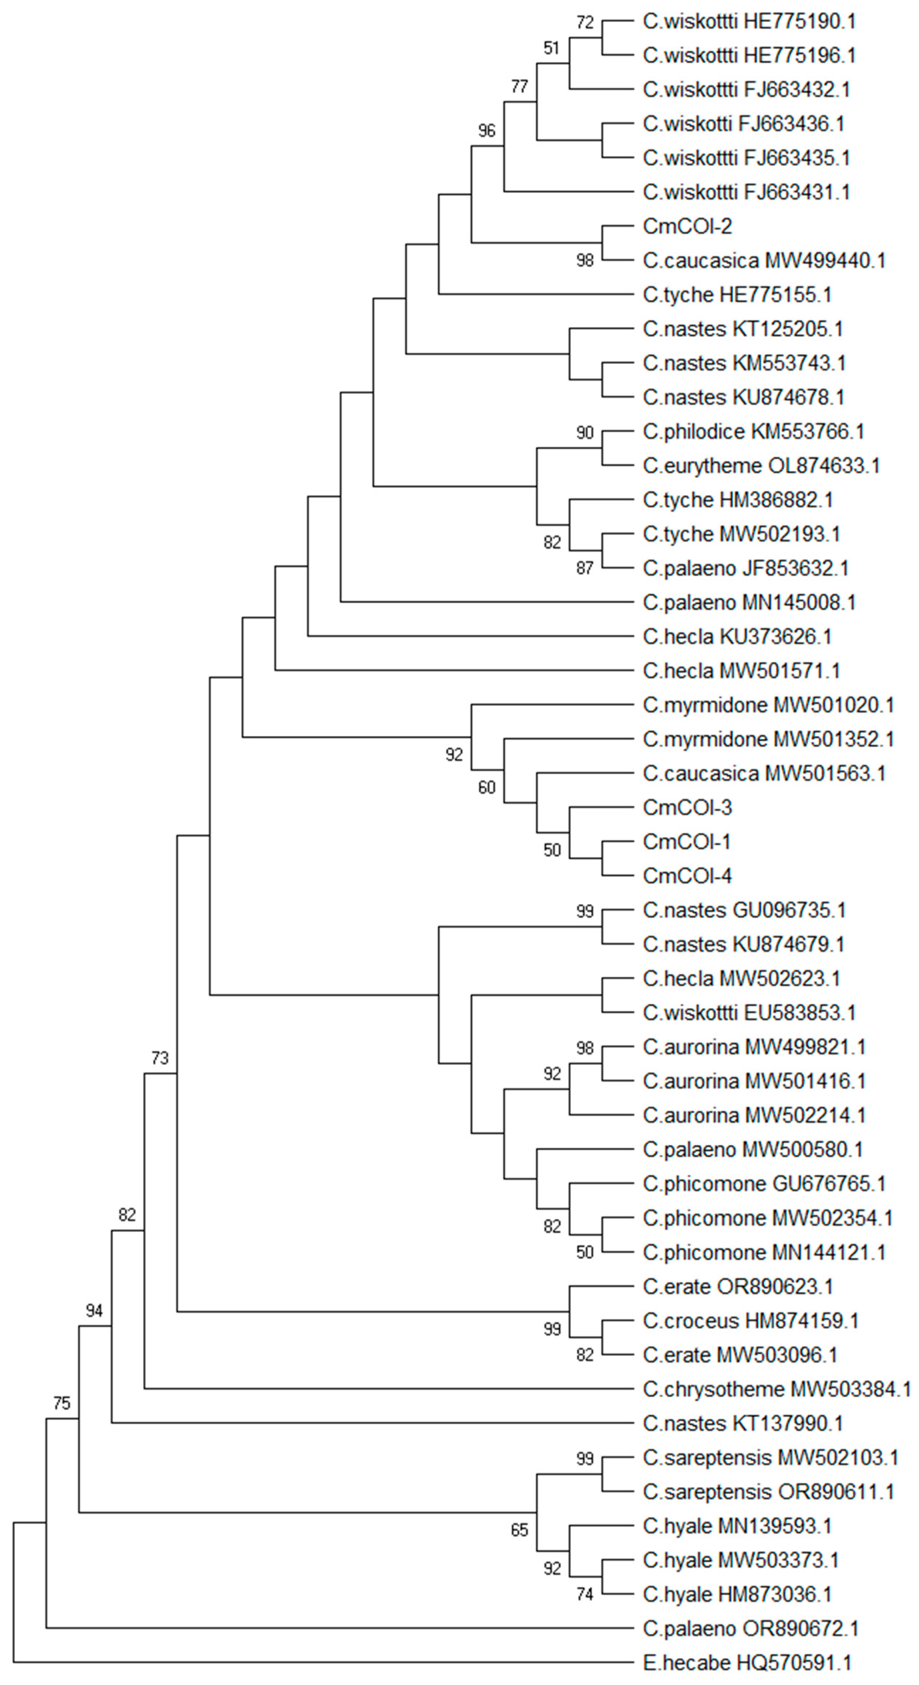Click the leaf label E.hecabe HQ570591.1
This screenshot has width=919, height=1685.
click(x=747, y=1662)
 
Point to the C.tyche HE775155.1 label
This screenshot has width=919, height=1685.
click(x=737, y=295)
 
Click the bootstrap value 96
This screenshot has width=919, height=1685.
click(x=486, y=131)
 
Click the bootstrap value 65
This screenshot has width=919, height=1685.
click(x=519, y=1530)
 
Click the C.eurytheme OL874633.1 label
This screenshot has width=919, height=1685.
click(x=761, y=466)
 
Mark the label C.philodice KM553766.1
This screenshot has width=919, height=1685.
click(x=754, y=432)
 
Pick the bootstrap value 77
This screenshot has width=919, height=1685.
click(x=519, y=86)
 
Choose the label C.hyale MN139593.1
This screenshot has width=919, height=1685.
click(x=737, y=1526)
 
